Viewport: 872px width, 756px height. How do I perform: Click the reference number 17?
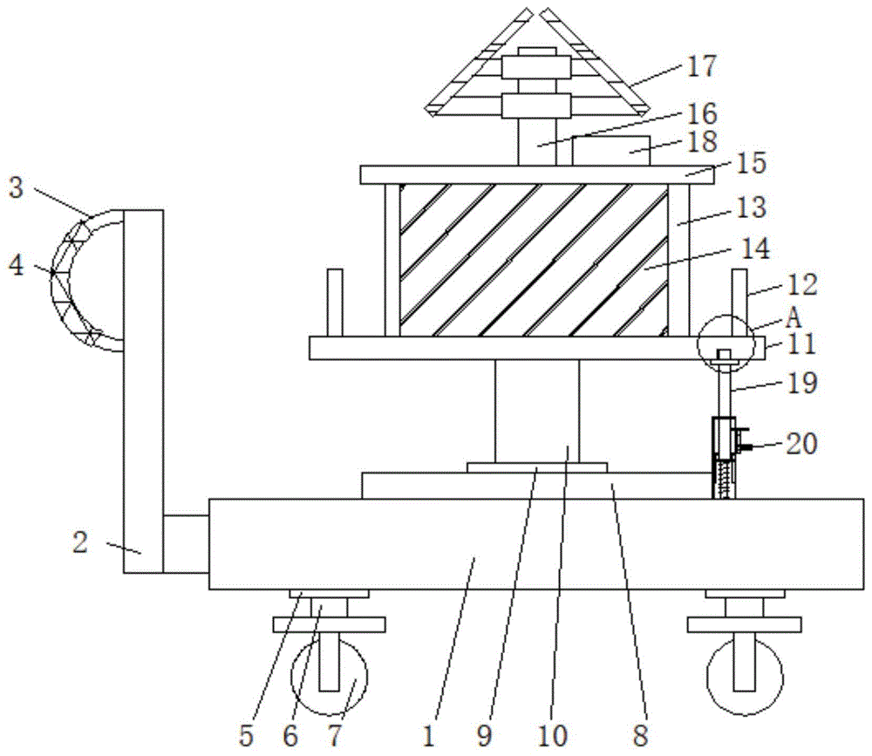point(702,66)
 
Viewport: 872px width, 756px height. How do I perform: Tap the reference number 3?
point(16,188)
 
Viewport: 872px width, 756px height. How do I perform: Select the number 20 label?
point(801,444)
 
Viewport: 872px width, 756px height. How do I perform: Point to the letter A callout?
point(794,319)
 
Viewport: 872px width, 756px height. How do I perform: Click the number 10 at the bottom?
point(552,736)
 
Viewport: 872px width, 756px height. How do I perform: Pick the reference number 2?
point(80,542)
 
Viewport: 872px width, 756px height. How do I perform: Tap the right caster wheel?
point(745,677)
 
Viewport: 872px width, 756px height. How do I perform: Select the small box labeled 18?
point(611,151)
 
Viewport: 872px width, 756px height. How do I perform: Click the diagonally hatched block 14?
point(534,260)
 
